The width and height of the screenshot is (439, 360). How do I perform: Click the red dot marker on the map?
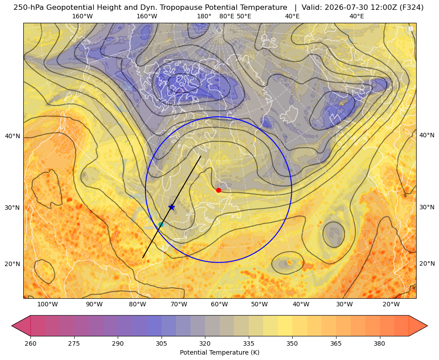pyautogui.click(x=218, y=190)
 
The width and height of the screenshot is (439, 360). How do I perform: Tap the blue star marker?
pyautogui.click(x=172, y=207)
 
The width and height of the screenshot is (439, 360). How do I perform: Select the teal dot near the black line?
pyautogui.click(x=161, y=224)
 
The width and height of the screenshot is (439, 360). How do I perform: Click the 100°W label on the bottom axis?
pyautogui.click(x=47, y=304)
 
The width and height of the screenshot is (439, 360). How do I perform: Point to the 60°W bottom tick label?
pyautogui.click(x=219, y=304)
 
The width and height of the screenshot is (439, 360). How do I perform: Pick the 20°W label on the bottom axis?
pyautogui.click(x=391, y=304)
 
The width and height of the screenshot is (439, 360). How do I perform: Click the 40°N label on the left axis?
pyautogui.click(x=13, y=136)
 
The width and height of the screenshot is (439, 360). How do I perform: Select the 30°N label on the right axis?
pyautogui.click(x=427, y=207)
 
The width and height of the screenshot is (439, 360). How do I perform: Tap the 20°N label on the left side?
pyautogui.click(x=13, y=264)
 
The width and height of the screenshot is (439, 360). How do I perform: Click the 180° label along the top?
pyautogui.click(x=204, y=16)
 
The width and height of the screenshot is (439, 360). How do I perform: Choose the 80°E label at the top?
pyautogui.click(x=226, y=16)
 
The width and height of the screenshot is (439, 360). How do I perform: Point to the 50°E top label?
pyautogui.click(x=244, y=16)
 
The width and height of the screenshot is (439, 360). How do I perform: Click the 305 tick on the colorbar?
pyautogui.click(x=161, y=343)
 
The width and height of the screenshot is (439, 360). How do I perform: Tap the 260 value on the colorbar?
pyautogui.click(x=30, y=343)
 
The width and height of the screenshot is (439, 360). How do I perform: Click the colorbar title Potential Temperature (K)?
pyautogui.click(x=219, y=352)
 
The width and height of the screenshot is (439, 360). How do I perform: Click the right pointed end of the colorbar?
pyautogui.click(x=427, y=326)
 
